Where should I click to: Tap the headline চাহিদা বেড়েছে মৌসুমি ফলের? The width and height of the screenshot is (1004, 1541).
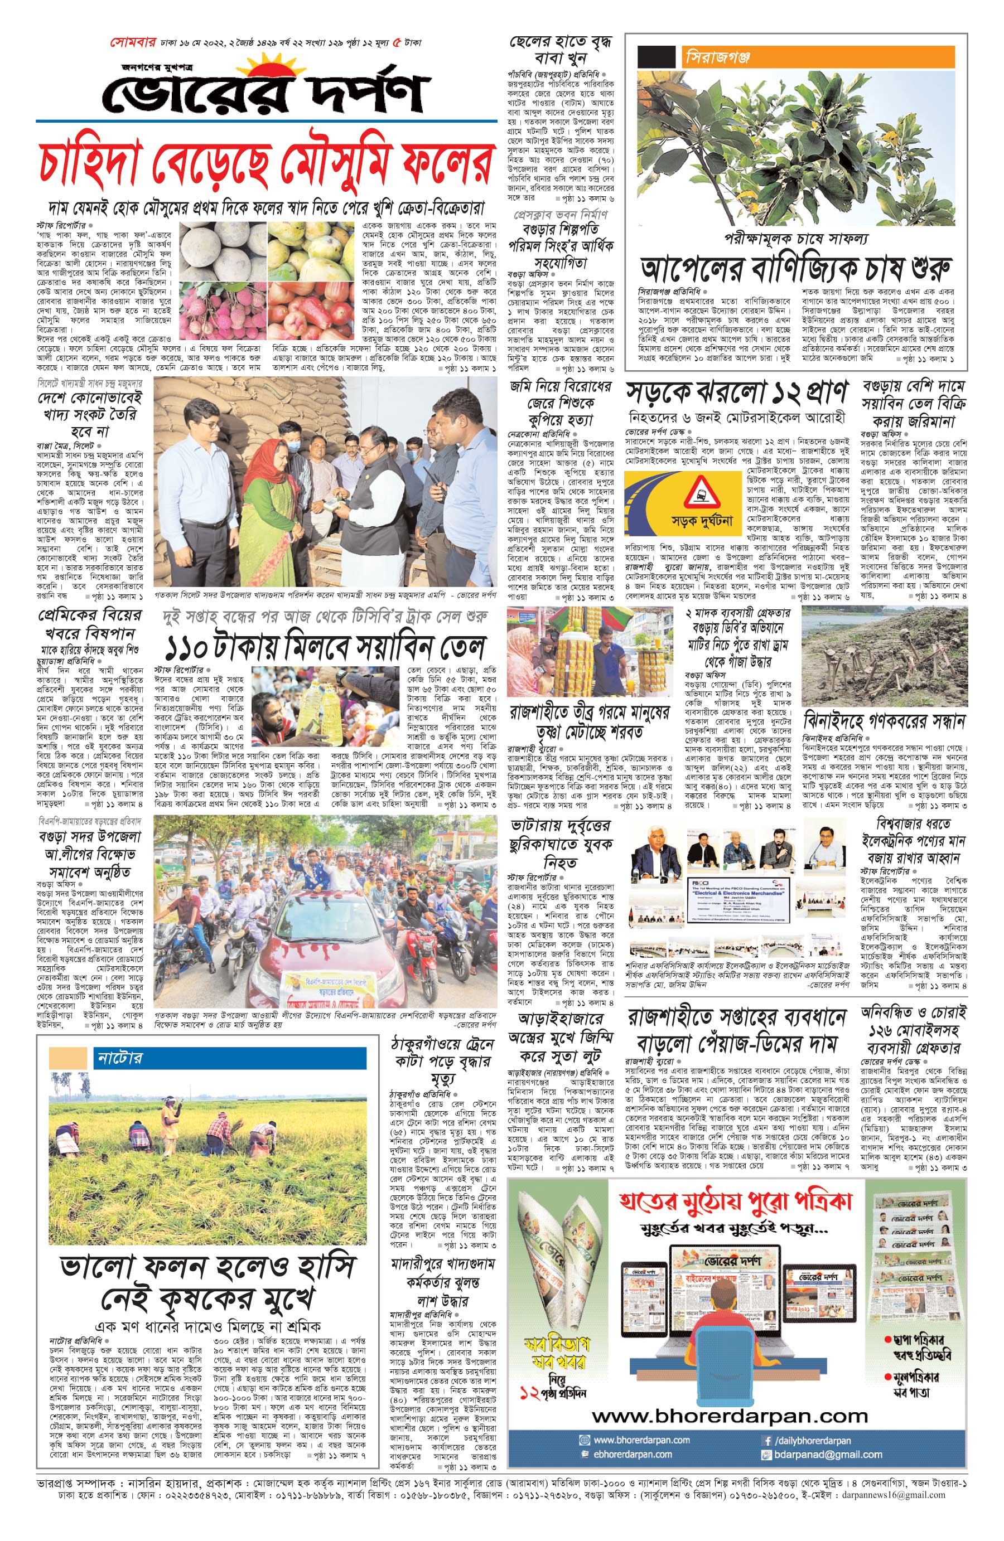[264, 164]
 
